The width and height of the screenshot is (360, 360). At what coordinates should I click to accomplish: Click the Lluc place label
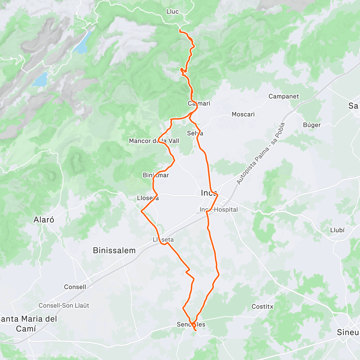(x=172, y=12)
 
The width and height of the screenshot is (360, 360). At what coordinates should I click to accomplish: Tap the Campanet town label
(x=283, y=96)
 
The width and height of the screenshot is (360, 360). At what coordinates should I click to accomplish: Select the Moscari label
(x=243, y=114)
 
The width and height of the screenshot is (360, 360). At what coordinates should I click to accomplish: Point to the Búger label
(x=312, y=125)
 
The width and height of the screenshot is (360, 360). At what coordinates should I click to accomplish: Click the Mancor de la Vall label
(x=154, y=141)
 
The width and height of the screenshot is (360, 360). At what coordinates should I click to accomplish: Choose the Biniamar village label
(x=156, y=175)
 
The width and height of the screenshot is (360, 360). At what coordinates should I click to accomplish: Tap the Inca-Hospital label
(x=219, y=210)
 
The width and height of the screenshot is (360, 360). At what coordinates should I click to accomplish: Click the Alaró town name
(x=44, y=220)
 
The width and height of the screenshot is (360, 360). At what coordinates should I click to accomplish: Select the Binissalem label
(x=114, y=250)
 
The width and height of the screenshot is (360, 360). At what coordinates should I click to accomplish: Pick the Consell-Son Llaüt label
(x=64, y=305)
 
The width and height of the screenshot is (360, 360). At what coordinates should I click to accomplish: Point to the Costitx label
(x=262, y=307)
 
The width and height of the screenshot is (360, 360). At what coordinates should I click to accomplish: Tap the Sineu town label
(x=348, y=332)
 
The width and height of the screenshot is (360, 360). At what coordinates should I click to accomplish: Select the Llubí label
(x=337, y=230)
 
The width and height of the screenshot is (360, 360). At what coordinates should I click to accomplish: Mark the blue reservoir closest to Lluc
(x=82, y=43)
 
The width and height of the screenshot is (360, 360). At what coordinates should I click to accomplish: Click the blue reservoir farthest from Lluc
(x=40, y=79)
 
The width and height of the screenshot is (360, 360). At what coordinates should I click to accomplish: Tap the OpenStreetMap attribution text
(x=63, y=356)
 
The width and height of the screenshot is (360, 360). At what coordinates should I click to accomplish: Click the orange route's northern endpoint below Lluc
(x=179, y=31)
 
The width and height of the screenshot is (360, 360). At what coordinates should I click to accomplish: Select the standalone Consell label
(x=75, y=287)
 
